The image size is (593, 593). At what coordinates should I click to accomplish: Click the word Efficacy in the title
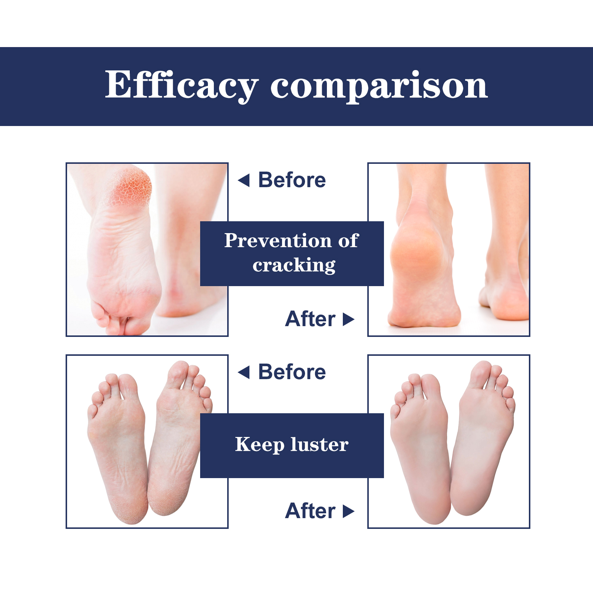tap(182, 85)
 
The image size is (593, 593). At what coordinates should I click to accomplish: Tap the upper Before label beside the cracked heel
tap(292, 180)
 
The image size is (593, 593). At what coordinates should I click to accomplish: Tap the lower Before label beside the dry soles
tap(292, 372)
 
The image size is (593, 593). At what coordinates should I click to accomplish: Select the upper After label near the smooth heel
tap(310, 319)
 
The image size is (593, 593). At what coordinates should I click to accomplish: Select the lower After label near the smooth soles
tap(310, 511)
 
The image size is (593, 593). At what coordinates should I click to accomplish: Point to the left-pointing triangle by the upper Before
tap(244, 180)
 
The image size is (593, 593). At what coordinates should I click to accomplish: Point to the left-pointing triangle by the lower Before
tap(244, 372)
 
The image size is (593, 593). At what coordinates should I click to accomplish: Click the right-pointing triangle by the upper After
tap(349, 319)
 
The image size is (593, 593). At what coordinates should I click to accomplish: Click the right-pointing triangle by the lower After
tap(349, 511)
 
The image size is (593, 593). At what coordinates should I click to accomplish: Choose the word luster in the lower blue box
tap(319, 444)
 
